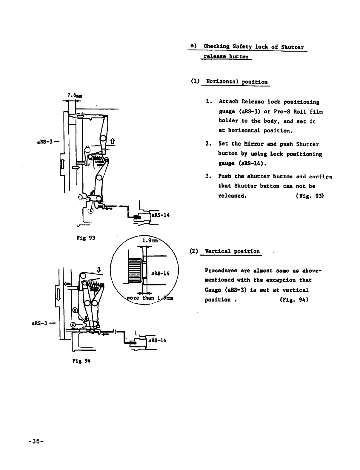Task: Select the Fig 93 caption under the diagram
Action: click(86, 238)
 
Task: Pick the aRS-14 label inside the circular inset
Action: click(160, 273)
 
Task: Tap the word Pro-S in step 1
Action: click(281, 112)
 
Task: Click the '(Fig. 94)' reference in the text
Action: click(294, 299)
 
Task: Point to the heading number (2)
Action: click(194, 251)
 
